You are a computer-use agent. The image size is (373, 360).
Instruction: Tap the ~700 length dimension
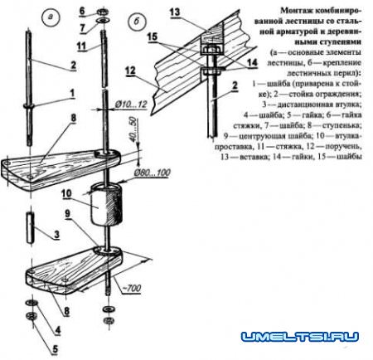click(143, 290)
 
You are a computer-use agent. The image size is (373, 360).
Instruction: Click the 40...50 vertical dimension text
click(133, 132)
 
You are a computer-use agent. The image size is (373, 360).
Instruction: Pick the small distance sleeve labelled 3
click(29, 226)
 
